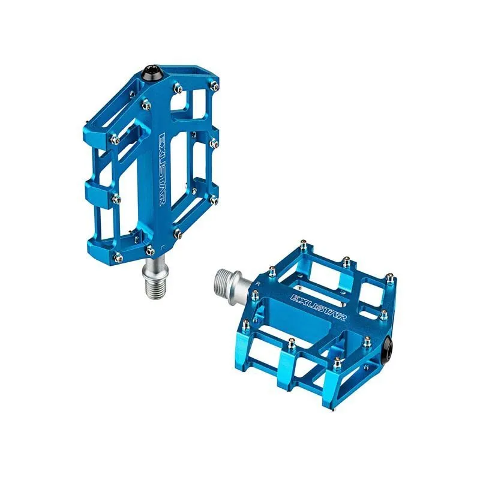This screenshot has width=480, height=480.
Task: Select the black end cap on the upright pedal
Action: (x=152, y=73)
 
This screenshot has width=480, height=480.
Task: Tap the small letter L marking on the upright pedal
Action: (x=163, y=245)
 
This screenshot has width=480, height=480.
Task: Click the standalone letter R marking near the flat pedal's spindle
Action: (x=258, y=283)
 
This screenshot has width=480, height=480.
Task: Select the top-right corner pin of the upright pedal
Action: (x=215, y=85)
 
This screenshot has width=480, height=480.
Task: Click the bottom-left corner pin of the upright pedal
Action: (x=117, y=257)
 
